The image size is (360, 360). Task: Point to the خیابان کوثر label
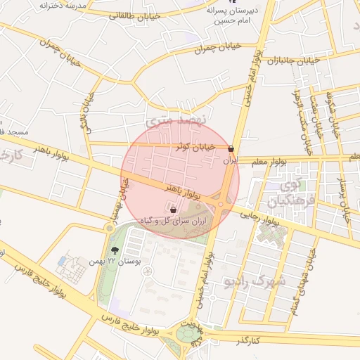tap(191, 147)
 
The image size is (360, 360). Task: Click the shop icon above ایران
tap(231, 148)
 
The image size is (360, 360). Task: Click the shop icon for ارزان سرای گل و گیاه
tap(173, 209)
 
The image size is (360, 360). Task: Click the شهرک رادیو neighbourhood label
tap(254, 281)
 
